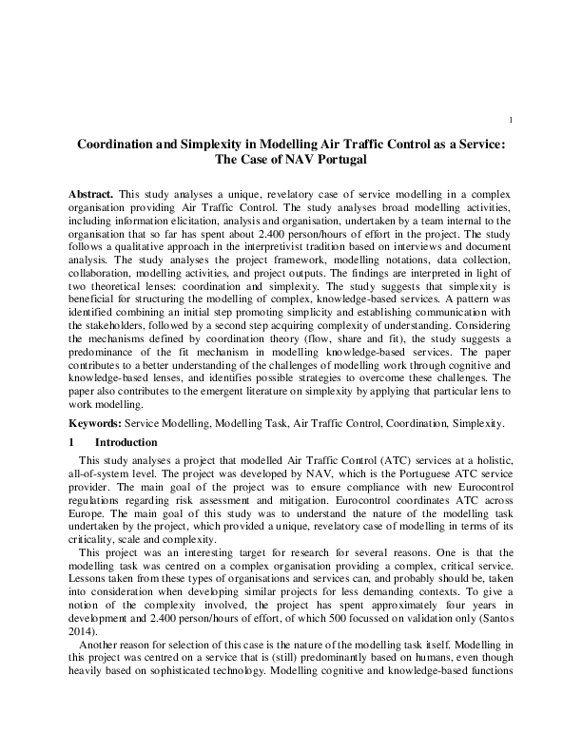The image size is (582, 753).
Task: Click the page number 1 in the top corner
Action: [x=512, y=120]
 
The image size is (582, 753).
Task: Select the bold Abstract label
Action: [x=91, y=194]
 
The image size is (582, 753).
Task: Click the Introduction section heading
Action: [x=127, y=442]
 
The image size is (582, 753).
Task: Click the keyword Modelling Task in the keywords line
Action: [x=297, y=421]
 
